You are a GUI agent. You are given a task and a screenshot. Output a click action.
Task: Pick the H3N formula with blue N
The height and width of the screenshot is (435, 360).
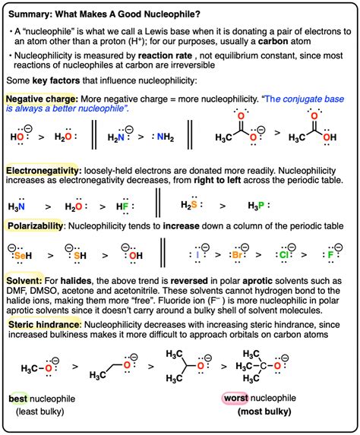pos(17,205)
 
